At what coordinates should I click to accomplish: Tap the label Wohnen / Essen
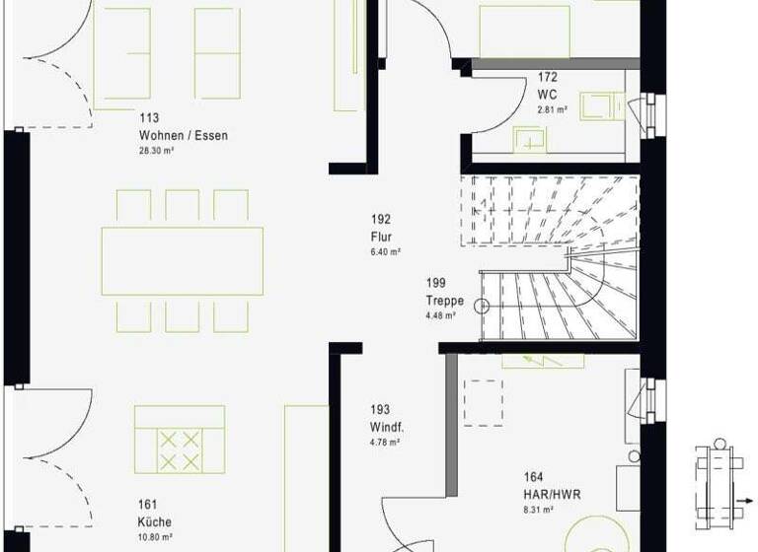(x=183, y=136)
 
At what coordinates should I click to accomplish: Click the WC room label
(x=548, y=95)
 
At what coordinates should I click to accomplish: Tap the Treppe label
(x=444, y=301)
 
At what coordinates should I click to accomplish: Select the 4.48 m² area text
(x=440, y=316)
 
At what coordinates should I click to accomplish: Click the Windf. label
(x=388, y=427)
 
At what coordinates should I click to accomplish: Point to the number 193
(x=381, y=409)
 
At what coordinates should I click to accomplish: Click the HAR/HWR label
(x=546, y=494)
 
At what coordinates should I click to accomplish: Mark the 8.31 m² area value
(x=537, y=510)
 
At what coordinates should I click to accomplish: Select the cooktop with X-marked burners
(x=180, y=450)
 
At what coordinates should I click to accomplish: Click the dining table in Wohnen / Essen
(x=183, y=261)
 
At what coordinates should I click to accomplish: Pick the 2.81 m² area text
(x=551, y=109)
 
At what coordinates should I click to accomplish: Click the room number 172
(x=549, y=77)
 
